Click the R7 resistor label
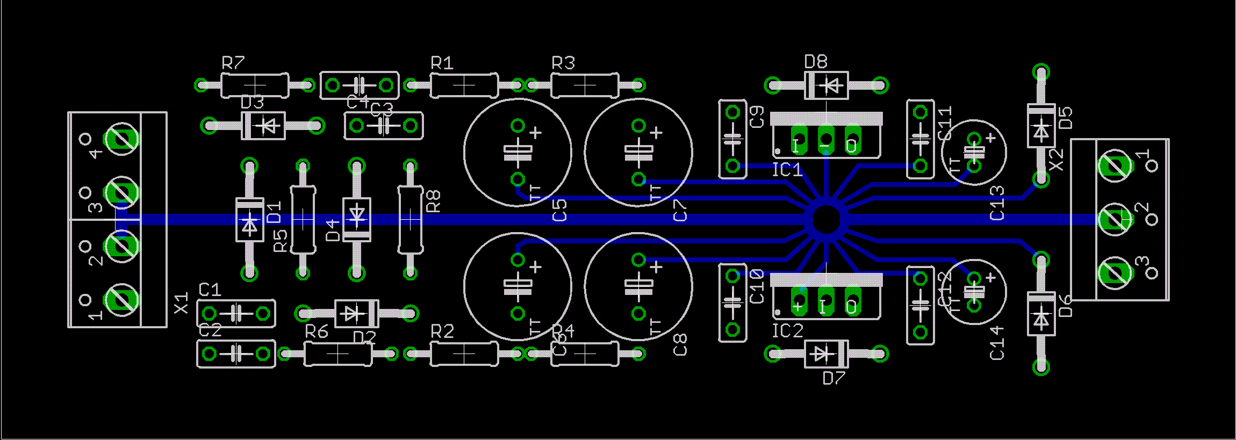click(233, 63)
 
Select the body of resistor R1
click(464, 85)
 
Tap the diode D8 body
click(826, 85)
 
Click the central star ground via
click(825, 219)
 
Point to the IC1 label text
click(787, 170)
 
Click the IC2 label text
click(787, 331)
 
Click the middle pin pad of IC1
click(825, 139)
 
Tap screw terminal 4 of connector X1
click(123, 139)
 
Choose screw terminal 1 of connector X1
click(123, 300)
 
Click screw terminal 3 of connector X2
click(1115, 273)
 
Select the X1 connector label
click(182, 303)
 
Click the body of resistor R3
click(585, 85)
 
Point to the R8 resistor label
click(433, 201)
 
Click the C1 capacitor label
click(210, 290)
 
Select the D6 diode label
click(1065, 306)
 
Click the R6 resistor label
click(316, 332)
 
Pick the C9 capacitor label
click(757, 117)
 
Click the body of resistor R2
click(464, 354)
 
